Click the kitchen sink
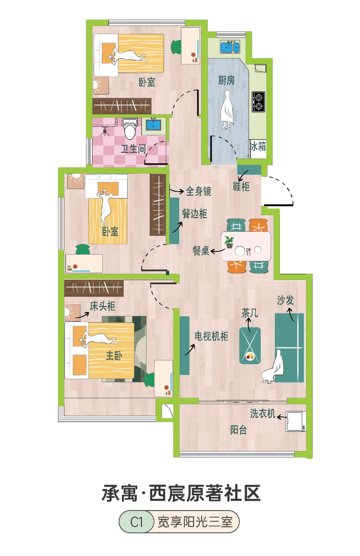[230, 47]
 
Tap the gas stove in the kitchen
[258, 102]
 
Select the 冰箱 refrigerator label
[258, 146]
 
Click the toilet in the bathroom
[130, 129]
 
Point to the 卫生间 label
[133, 149]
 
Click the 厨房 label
[226, 80]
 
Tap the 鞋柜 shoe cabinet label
[241, 187]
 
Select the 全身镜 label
[199, 191]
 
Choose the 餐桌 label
[201, 251]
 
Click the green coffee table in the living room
[250, 346]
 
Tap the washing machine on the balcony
[296, 421]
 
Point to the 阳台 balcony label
[238, 430]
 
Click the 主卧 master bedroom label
[114, 355]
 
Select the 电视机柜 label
[211, 336]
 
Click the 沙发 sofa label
[285, 300]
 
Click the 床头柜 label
[102, 306]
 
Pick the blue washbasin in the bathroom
[153, 125]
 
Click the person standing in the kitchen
[227, 110]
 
